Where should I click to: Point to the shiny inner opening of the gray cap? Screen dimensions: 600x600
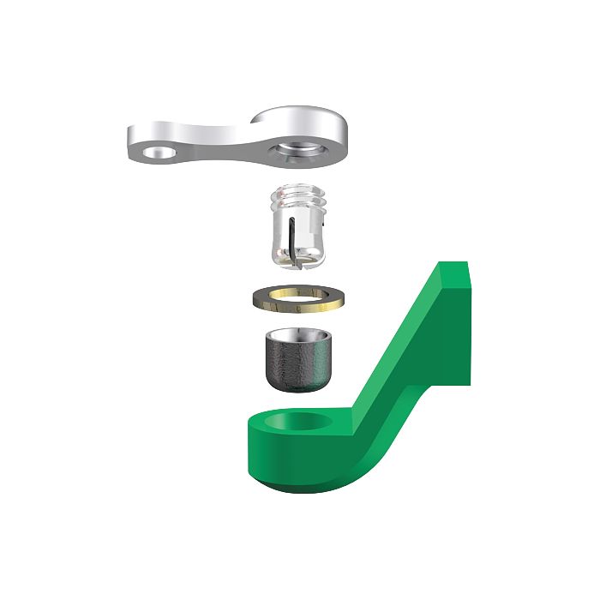pos(295,334)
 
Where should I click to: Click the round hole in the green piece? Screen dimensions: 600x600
pos(300,422)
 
